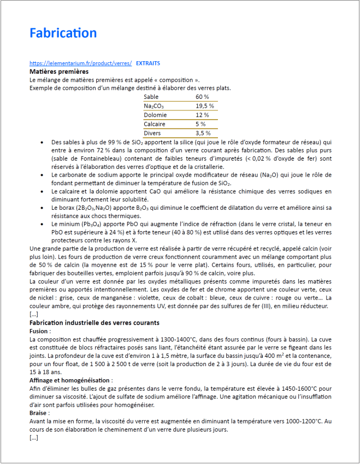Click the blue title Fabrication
63,33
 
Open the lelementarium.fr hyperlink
80,63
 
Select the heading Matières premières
59,72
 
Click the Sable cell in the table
151,97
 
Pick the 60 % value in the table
202,97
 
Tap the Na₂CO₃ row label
154,106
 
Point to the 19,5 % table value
205,106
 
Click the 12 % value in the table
202,115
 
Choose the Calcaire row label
155,124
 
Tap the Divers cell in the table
153,133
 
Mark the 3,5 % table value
203,133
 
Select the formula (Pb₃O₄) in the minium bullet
91,224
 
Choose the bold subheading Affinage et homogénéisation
70,380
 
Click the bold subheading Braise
39,413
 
